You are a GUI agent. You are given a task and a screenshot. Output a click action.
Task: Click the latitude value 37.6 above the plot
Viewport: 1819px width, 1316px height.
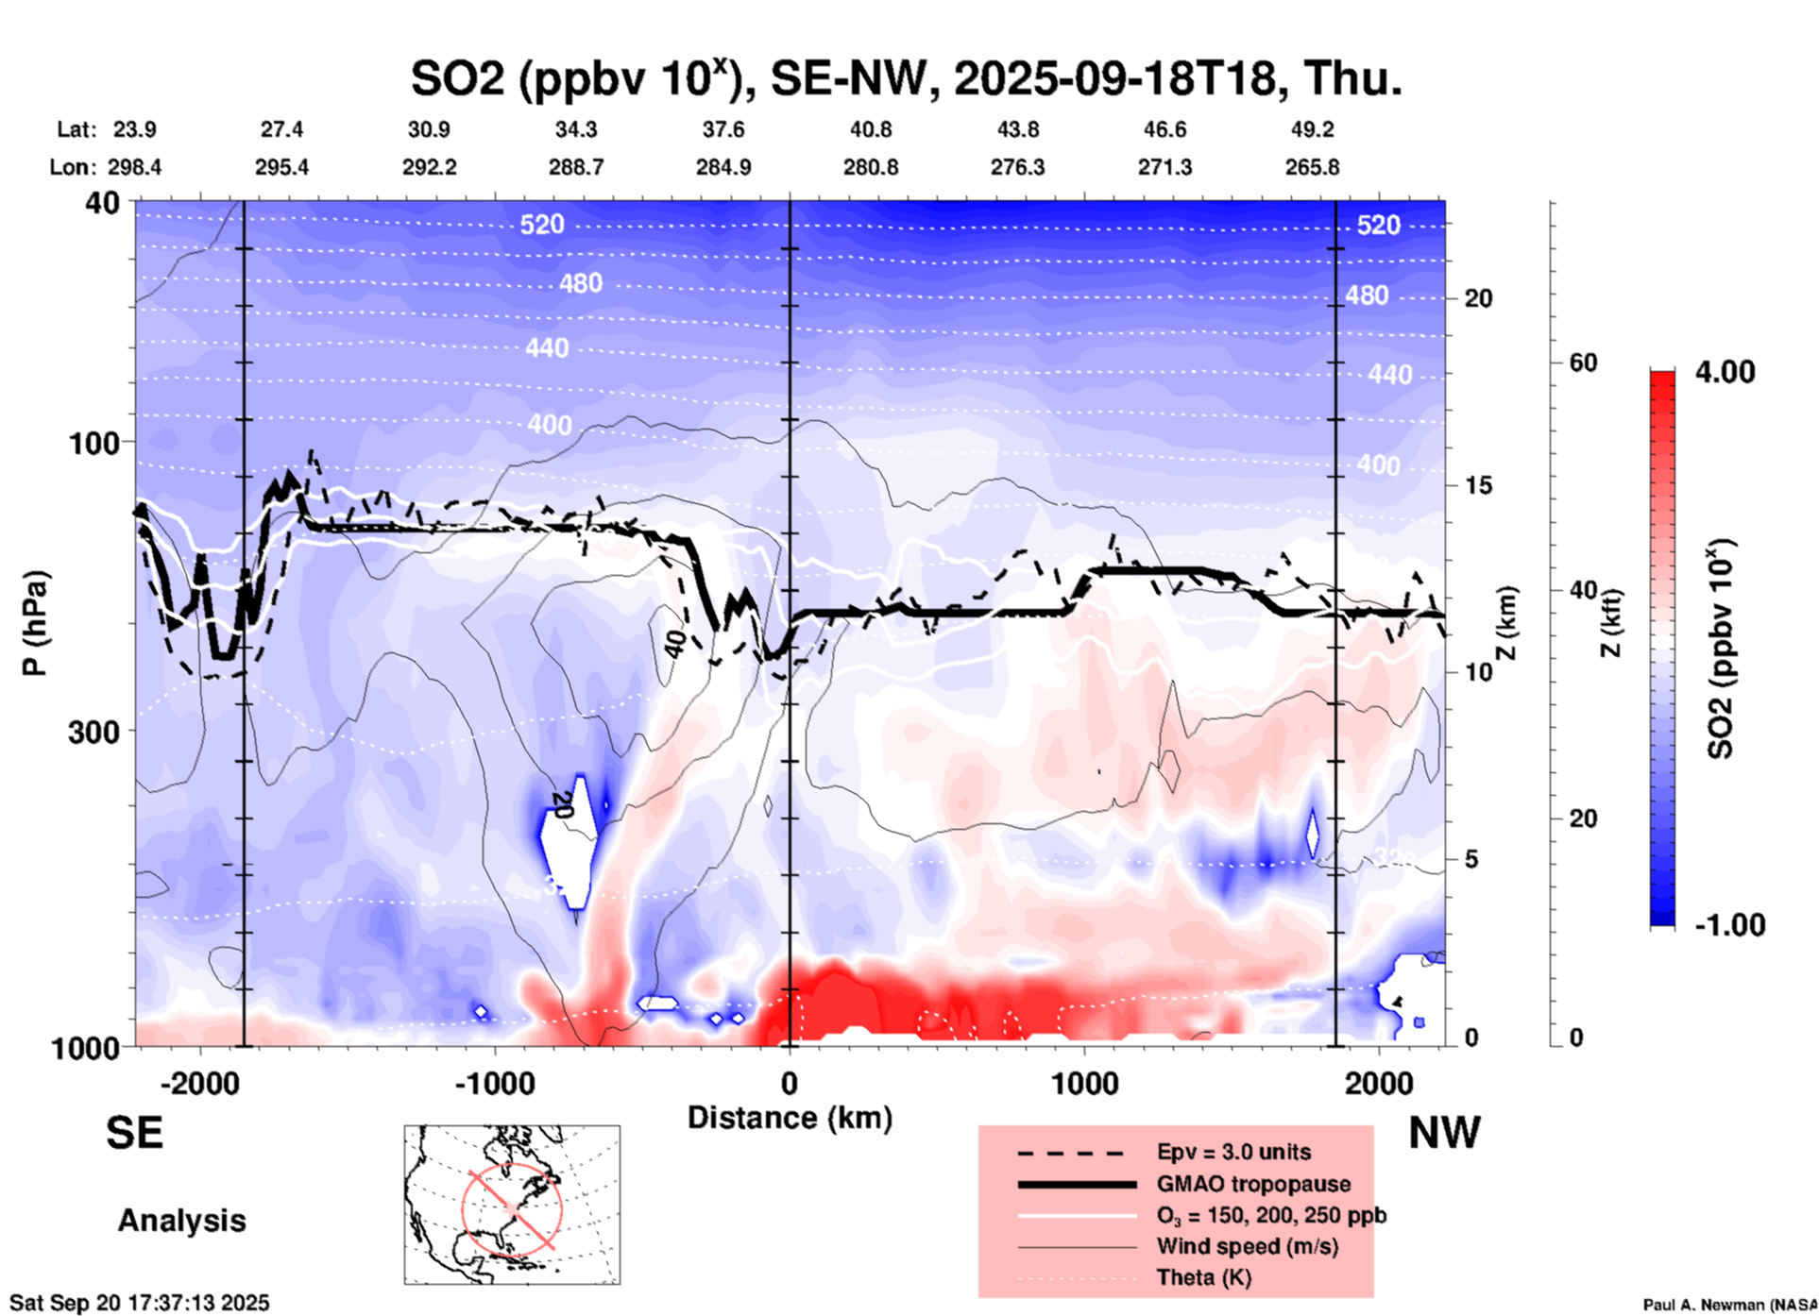tap(722, 129)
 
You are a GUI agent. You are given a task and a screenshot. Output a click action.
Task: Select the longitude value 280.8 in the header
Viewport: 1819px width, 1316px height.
tap(870, 167)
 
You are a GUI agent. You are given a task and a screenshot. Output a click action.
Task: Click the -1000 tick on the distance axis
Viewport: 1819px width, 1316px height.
tap(494, 1084)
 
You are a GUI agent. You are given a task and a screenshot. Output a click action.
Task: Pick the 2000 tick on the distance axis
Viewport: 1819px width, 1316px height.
tap(1379, 1084)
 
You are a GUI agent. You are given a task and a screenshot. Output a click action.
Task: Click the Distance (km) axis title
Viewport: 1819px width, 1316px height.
tap(790, 1118)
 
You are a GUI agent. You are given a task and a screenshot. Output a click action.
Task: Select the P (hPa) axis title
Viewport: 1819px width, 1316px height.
tap(35, 623)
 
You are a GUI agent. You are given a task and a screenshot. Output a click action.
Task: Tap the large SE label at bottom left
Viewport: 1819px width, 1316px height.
tap(134, 1133)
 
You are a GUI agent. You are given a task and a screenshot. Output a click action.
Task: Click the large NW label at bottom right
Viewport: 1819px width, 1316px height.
tap(1444, 1133)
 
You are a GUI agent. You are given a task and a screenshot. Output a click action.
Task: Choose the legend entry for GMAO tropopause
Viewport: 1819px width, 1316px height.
tap(1253, 1184)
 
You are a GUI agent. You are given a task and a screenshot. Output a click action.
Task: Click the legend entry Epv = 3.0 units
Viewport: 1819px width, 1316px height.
tap(1232, 1152)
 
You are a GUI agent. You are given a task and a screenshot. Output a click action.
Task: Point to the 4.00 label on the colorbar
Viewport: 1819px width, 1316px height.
tap(1725, 372)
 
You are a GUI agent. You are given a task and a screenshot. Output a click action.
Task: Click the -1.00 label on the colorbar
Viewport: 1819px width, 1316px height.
tap(1729, 924)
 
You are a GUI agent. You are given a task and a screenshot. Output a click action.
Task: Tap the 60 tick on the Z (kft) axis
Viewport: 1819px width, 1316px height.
tap(1583, 363)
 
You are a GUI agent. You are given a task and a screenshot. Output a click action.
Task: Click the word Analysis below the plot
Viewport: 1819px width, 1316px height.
tap(181, 1221)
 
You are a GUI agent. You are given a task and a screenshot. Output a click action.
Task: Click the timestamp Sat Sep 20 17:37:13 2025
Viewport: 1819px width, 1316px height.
tap(140, 1303)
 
